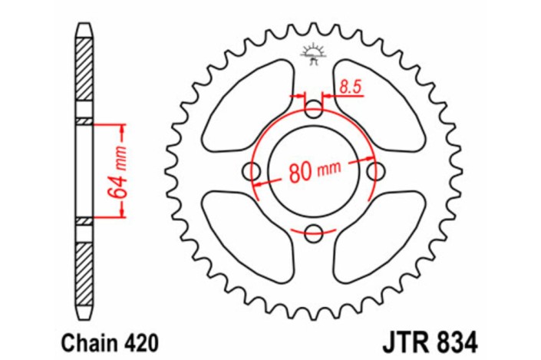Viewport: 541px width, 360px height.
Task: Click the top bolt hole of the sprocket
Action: tap(314, 109)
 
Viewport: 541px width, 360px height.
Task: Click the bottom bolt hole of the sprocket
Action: tap(314, 233)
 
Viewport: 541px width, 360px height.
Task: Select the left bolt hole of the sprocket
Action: tap(252, 171)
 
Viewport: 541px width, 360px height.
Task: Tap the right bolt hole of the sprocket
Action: tap(375, 170)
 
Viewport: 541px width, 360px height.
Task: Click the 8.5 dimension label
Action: tap(350, 88)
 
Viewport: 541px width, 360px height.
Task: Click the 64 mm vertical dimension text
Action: tap(121, 171)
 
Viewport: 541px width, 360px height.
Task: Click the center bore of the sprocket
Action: tap(314, 171)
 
